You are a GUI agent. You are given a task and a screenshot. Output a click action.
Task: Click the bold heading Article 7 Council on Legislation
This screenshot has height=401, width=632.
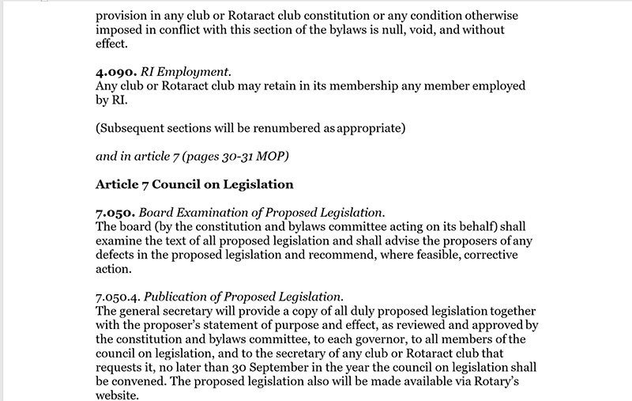pos(194,185)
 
